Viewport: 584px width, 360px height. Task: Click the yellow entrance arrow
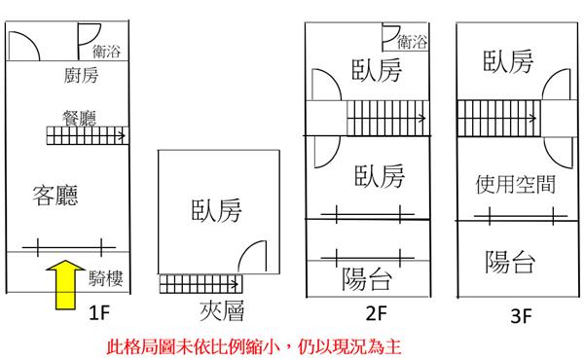(65, 285)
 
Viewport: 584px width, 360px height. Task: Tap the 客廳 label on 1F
(55, 196)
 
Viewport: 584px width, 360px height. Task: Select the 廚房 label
(81, 75)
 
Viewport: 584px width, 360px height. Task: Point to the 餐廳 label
(80, 118)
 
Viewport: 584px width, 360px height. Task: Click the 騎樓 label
(106, 277)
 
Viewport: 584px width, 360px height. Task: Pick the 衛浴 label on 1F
(106, 52)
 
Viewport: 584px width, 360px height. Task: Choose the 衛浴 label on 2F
(412, 42)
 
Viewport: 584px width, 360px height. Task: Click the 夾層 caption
(222, 310)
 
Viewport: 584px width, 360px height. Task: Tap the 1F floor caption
(99, 313)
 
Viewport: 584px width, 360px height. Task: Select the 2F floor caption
(377, 313)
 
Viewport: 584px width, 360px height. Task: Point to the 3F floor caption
(521, 316)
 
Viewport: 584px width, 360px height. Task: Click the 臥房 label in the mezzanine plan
(216, 210)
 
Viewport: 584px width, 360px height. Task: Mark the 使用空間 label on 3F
(516, 184)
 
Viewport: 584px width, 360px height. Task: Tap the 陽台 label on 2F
(367, 279)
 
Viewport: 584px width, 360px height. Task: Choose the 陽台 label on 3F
(510, 262)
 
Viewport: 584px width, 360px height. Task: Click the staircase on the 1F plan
(88, 135)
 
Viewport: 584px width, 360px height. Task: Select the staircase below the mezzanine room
(201, 284)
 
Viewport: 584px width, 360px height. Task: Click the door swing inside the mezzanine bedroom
(252, 256)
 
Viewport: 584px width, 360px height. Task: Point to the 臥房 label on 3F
(508, 61)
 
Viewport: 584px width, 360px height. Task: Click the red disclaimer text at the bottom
(254, 346)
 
